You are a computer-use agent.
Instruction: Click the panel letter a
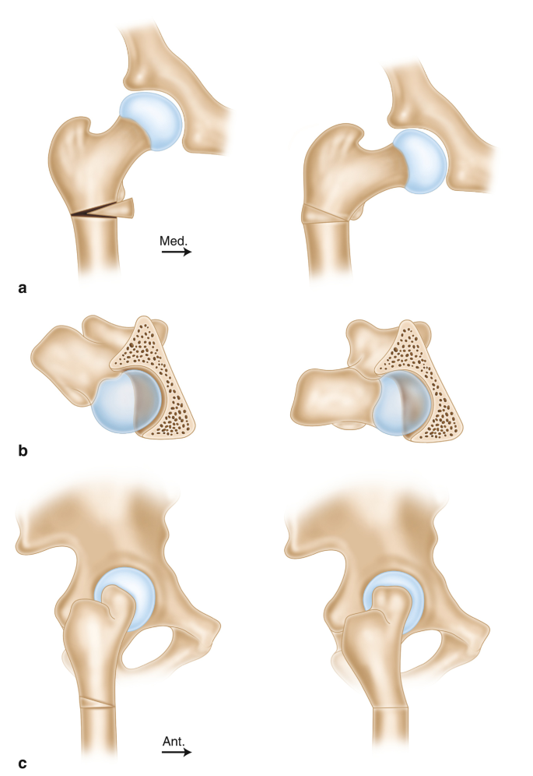point(23,288)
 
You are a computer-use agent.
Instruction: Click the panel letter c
point(23,764)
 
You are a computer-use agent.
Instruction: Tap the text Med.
point(173,242)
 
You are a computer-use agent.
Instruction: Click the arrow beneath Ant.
point(176,753)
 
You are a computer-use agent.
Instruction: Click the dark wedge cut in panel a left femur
point(97,210)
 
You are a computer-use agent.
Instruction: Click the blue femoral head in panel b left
point(124,401)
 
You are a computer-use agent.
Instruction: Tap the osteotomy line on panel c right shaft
point(389,707)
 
